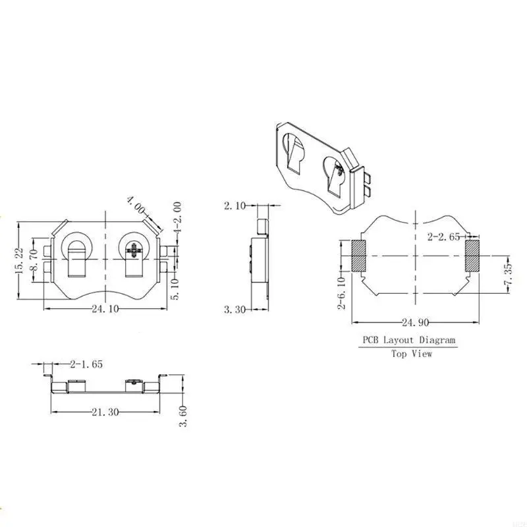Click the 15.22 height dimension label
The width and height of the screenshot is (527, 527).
[20, 260]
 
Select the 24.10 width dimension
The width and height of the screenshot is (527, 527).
[105, 308]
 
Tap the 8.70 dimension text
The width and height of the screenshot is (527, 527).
[34, 260]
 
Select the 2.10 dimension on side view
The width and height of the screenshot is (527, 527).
[235, 206]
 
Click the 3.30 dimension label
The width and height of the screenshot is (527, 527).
[235, 309]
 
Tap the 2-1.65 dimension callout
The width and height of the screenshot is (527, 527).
[86, 364]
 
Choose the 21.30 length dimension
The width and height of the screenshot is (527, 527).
[105, 412]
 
